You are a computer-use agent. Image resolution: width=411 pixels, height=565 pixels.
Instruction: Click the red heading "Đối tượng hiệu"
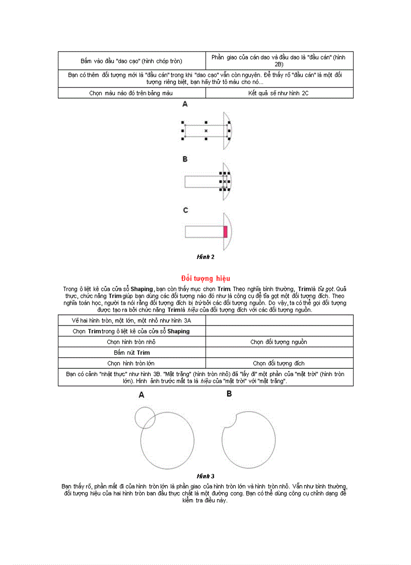click(205, 278)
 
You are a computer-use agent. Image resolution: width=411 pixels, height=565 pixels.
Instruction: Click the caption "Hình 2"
click(205, 257)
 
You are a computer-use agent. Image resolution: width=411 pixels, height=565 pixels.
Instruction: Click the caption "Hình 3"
click(205, 476)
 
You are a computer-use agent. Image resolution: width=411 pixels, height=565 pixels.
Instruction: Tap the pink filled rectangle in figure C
click(226, 231)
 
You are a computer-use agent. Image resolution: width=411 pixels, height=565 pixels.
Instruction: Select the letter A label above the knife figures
click(185, 105)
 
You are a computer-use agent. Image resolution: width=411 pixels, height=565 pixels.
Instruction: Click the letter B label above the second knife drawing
click(185, 159)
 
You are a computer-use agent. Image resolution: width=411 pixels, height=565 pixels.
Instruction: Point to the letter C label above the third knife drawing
click(185, 210)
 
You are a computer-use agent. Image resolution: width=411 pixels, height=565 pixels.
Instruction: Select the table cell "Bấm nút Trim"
click(132, 353)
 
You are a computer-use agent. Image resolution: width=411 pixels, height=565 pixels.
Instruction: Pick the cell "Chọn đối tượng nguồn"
click(279, 342)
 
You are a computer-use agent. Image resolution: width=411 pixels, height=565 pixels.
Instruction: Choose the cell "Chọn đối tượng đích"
click(279, 363)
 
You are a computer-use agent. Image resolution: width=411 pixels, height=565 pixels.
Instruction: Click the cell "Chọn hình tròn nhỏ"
click(132, 342)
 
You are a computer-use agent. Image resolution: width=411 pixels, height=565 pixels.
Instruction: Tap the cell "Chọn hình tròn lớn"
click(132, 363)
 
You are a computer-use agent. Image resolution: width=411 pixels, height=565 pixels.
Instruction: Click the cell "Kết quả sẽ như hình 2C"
click(279, 93)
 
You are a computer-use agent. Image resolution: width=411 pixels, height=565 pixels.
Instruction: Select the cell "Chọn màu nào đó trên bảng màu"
click(132, 93)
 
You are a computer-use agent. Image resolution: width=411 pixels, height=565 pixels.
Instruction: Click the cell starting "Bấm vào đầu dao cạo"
click(132, 61)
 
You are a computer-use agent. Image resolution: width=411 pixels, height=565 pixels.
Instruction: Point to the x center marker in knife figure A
click(206, 131)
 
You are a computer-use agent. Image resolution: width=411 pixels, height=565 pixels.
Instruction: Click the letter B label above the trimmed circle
click(229, 394)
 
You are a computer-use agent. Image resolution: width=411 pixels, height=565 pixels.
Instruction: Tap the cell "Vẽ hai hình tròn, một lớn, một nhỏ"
click(132, 320)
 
